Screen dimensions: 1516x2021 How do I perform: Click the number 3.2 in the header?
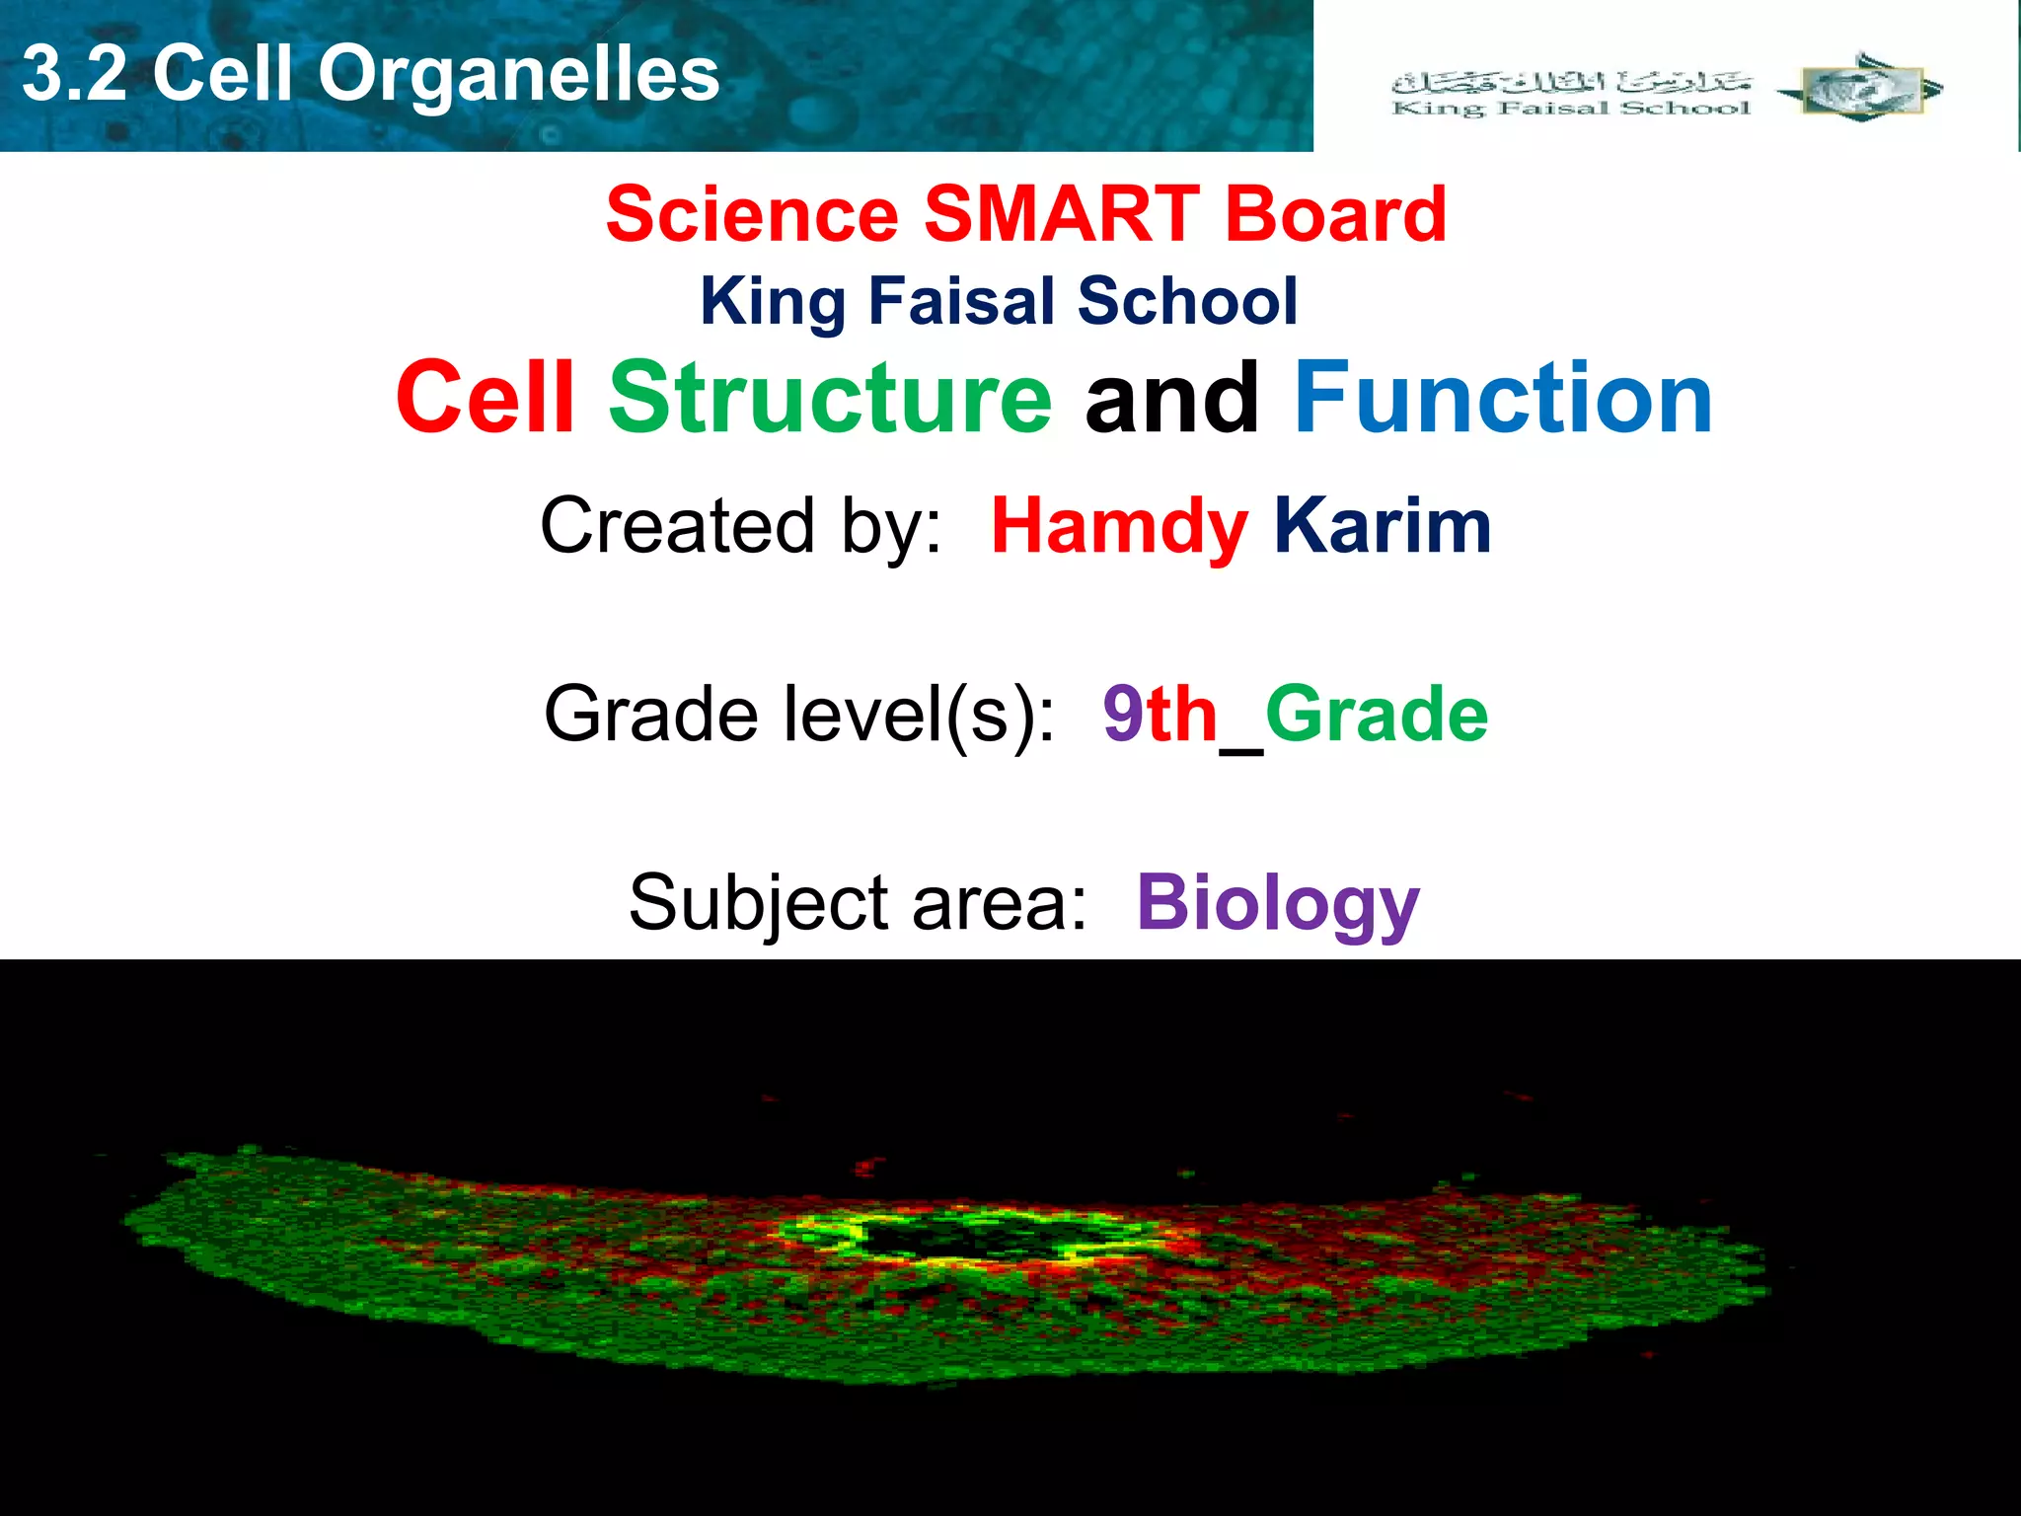pos(75,75)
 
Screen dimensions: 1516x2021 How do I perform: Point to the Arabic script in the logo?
pos(1571,82)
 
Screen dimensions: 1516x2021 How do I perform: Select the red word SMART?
pos(1062,214)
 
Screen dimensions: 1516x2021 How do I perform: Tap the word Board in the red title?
pos(1336,214)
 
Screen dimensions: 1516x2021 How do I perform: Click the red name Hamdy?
pos(1119,526)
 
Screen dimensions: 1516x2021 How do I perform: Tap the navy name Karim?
pos(1382,526)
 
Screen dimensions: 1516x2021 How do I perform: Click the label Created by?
pos(740,526)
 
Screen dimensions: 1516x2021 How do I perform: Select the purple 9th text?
pos(1160,714)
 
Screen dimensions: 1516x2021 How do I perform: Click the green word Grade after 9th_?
pos(1377,714)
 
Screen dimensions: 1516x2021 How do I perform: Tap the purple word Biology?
pos(1278,902)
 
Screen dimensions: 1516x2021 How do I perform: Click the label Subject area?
pos(857,902)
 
